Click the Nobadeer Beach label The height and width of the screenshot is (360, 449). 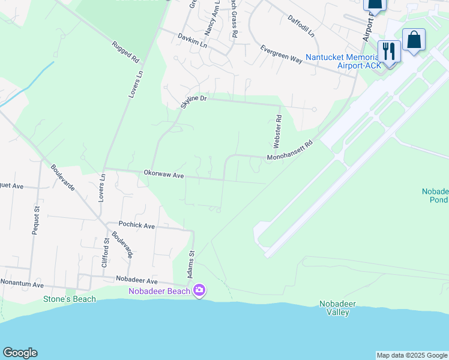pos(159,292)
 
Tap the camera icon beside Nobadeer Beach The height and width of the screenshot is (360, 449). pos(199,291)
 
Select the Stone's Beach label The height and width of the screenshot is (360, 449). pos(70,299)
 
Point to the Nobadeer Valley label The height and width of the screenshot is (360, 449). pos(337,308)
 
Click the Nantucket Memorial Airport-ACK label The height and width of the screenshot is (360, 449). pos(342,61)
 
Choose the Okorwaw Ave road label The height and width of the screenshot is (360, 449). pos(163,174)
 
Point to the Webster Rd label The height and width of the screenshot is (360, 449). pos(278,132)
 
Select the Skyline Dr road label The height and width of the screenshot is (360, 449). pos(193,102)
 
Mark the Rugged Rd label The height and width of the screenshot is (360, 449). pos(125,52)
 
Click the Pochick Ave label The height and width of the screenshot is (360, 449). pos(137,226)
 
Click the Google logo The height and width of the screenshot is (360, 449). pos(20,353)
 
